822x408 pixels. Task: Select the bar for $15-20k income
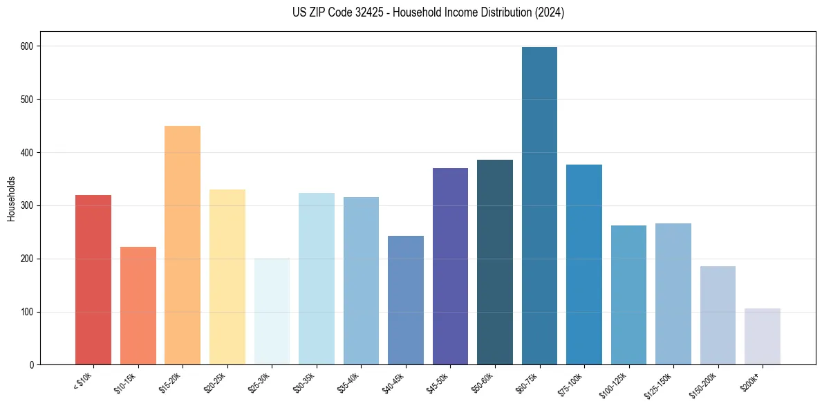[183, 245]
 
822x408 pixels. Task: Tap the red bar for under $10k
[93, 279]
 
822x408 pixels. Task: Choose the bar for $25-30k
[272, 311]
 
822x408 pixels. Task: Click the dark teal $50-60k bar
[495, 262]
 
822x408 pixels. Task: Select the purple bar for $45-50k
[450, 266]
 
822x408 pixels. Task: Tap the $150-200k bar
[718, 315]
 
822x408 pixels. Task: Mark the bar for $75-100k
[584, 264]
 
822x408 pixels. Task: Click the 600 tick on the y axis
[26, 46]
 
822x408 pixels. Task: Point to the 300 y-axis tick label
[26, 205]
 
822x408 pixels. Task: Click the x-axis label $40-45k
[393, 381]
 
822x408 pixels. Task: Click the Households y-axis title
[12, 198]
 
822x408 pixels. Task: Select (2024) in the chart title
[550, 12]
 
